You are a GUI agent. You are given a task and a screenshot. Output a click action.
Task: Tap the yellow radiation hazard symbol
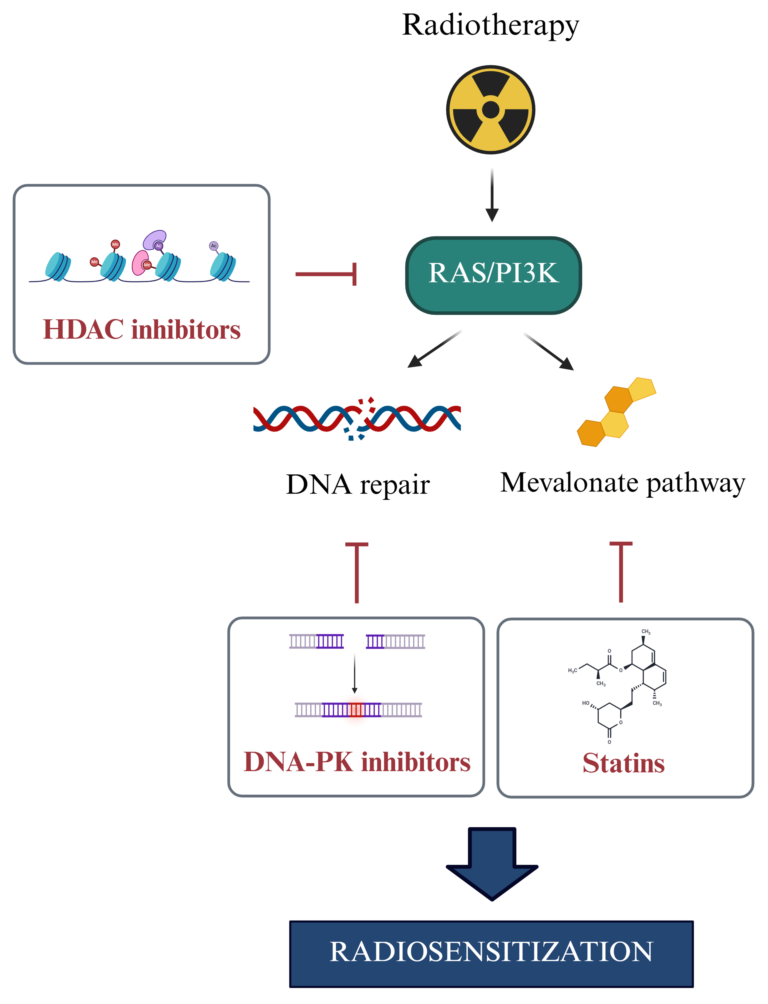click(x=491, y=110)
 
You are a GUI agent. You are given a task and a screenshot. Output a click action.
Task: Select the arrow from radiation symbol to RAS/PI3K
click(x=492, y=194)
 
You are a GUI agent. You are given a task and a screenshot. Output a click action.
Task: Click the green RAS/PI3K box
click(x=493, y=275)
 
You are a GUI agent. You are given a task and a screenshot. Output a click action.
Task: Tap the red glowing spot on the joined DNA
click(x=356, y=709)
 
